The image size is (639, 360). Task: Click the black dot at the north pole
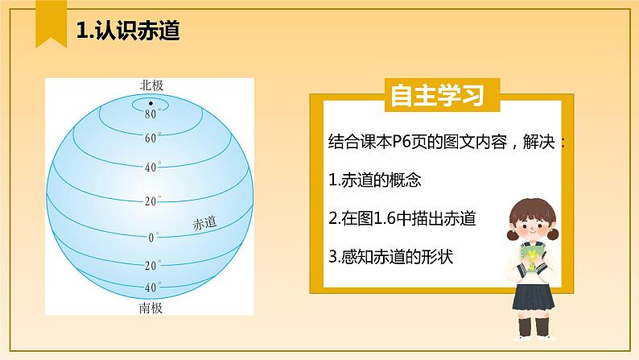(x=150, y=104)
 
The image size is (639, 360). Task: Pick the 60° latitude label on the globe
(x=151, y=139)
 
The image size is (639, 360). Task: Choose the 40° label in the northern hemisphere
(x=151, y=168)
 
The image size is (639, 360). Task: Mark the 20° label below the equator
(x=151, y=266)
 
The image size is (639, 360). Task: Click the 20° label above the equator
(x=151, y=201)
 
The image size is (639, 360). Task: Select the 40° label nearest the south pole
(x=151, y=288)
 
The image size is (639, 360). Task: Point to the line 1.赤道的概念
(x=376, y=180)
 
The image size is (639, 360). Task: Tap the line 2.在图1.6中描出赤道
(x=403, y=218)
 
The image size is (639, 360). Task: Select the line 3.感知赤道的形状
(x=392, y=257)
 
